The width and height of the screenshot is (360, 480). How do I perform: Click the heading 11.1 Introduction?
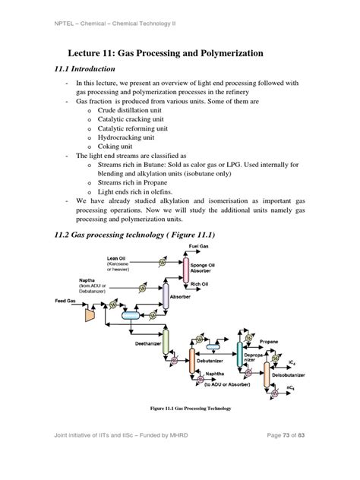90,68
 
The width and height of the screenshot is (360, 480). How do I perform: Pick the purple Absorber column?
165,297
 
